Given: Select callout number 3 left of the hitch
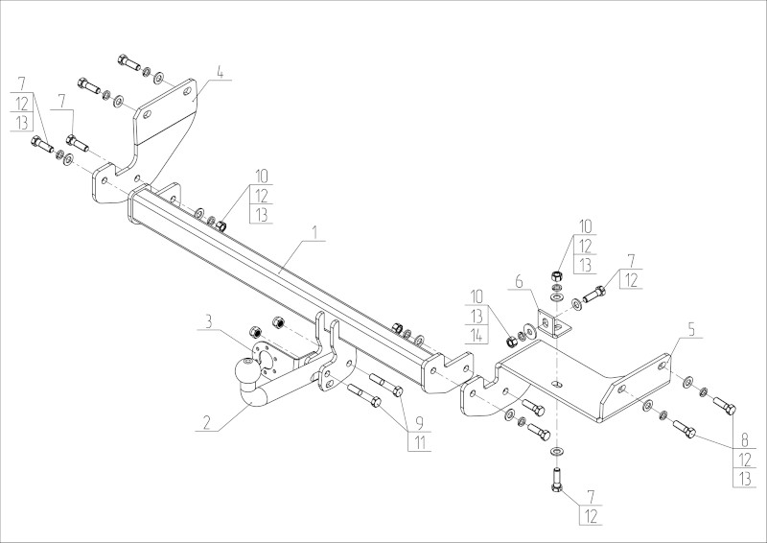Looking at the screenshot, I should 207,321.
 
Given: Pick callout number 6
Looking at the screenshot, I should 518,282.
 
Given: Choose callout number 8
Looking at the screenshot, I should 741,440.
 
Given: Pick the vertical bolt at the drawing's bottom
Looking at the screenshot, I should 557,480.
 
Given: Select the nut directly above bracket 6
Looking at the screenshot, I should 556,278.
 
